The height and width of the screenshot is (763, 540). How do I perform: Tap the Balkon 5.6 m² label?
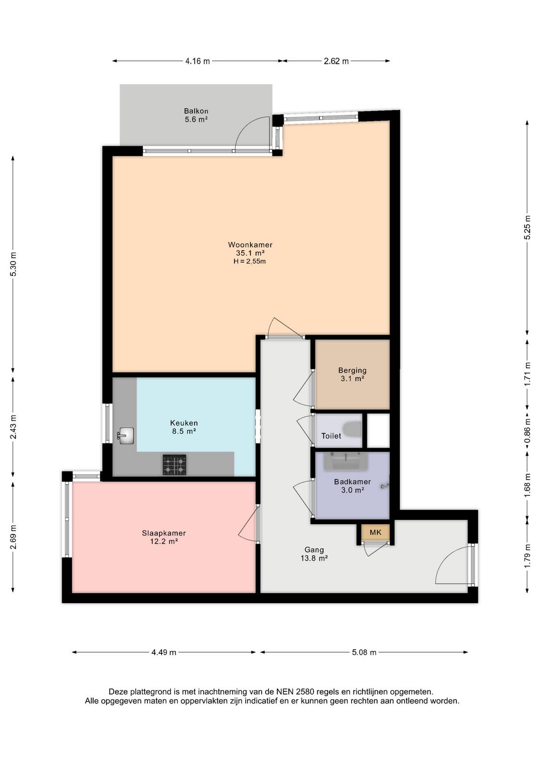pos(196,115)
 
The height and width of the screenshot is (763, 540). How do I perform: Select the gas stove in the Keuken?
pos(175,465)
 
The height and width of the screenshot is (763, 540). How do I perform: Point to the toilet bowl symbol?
pos(352,429)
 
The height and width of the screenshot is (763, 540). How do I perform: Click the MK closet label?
pos(375,532)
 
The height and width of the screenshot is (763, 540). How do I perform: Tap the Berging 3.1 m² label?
pos(352,374)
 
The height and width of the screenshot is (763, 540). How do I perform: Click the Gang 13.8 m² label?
pos(314,554)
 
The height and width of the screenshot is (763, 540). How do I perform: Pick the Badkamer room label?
pos(352,486)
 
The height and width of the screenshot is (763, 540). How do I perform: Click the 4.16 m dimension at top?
pos(197,62)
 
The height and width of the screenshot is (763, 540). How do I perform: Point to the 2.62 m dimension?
pos(336,62)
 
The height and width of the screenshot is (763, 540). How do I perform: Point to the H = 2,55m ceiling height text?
pos(250,262)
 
